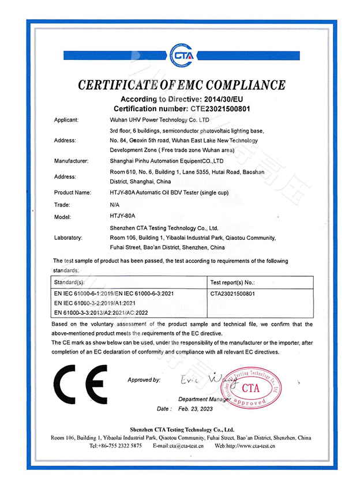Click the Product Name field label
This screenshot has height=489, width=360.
pyautogui.click(x=73, y=192)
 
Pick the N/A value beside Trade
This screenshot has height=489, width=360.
pyautogui.click(x=114, y=204)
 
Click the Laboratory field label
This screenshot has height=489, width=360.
pyautogui.click(x=69, y=237)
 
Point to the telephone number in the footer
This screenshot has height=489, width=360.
pyautogui.click(x=115, y=446)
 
